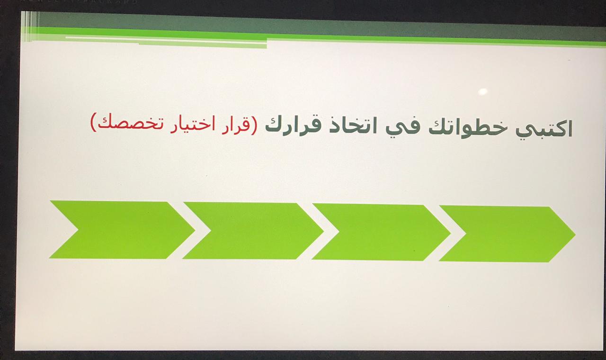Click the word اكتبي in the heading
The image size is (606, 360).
(x=544, y=130)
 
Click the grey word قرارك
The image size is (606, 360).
(x=294, y=126)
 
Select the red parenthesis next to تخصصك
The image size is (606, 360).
(x=93, y=122)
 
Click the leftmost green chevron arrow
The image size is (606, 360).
(x=122, y=230)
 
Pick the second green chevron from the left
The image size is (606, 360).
(x=253, y=231)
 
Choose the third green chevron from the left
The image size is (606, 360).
(x=381, y=232)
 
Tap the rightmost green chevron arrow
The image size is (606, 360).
(x=507, y=234)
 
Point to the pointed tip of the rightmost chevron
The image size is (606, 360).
(x=575, y=234)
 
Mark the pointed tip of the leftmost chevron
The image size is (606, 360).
(x=195, y=231)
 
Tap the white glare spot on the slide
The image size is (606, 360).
(x=483, y=91)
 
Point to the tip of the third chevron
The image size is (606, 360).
(x=450, y=233)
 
